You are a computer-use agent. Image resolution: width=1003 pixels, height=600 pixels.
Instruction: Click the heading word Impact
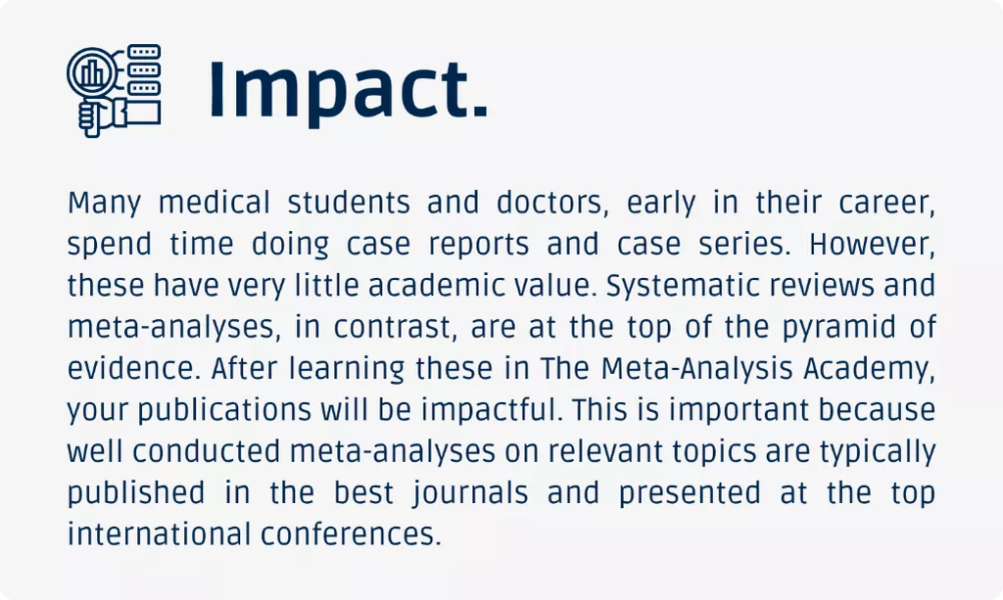349,90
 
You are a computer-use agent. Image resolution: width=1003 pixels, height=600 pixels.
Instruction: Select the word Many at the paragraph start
104,204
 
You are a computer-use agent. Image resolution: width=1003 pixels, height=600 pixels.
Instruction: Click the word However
872,244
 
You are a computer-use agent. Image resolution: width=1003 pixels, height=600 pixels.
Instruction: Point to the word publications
224,410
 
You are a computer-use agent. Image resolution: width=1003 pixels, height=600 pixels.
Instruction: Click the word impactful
492,410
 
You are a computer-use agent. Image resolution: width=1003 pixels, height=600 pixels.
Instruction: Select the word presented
689,494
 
